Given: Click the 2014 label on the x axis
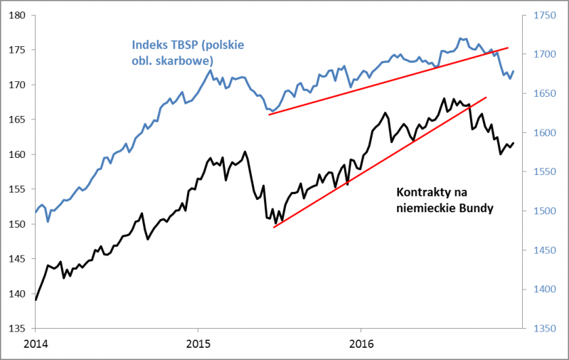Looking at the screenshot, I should tap(36, 344).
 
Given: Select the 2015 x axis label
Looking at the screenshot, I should tap(198, 344).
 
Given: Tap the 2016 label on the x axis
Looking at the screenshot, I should tap(361, 344).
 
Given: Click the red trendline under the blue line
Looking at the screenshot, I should tap(388, 81).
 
